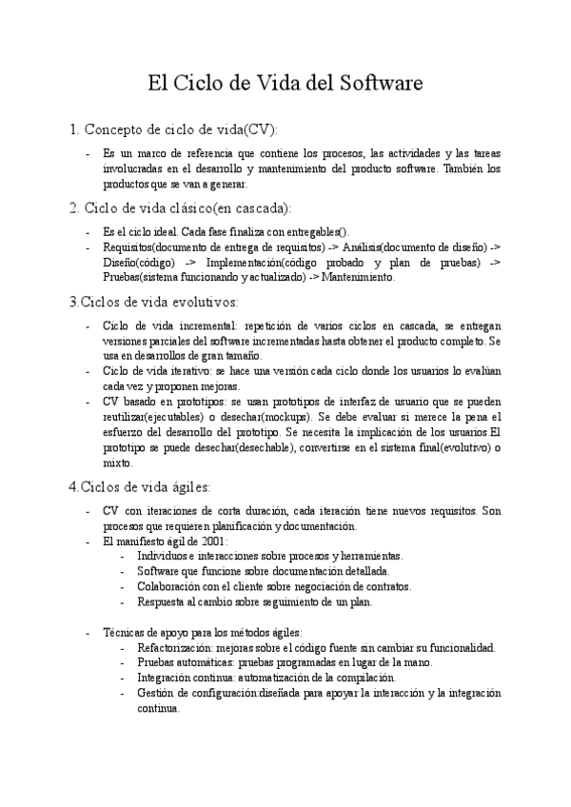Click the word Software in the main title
point(372,83)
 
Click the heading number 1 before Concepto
point(74,128)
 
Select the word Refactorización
point(176,647)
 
